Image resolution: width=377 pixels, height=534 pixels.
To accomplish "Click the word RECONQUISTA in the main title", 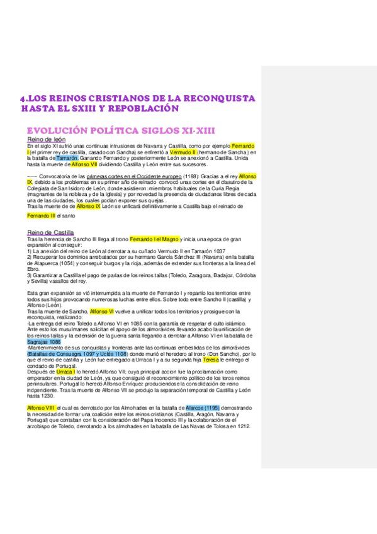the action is [217, 98].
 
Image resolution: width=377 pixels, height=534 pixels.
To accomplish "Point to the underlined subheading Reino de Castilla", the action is [50, 232].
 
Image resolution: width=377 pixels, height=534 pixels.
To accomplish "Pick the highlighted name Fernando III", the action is [41, 215].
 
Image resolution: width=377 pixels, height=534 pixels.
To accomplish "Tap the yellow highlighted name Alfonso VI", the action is [102, 311].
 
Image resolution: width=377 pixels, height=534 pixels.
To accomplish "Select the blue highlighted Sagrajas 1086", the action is [44, 342].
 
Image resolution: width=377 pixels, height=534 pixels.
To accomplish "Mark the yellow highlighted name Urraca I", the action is [66, 372].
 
